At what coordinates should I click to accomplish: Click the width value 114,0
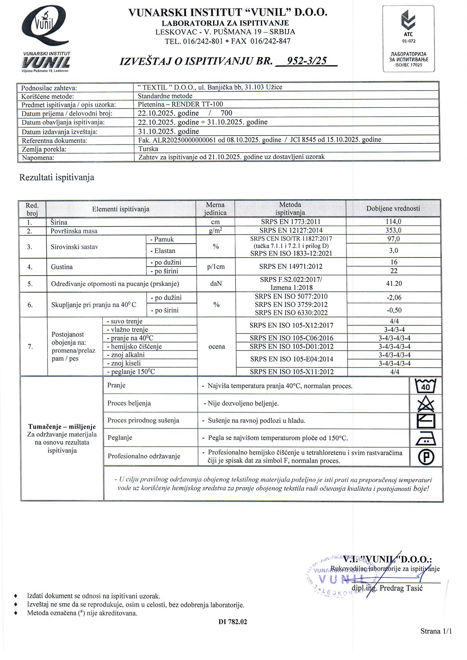[x=394, y=222]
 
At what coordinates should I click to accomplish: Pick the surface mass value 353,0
[x=394, y=230]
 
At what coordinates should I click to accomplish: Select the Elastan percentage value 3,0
[x=394, y=250]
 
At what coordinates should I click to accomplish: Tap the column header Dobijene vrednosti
[x=393, y=208]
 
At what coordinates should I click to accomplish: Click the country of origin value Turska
[x=148, y=149]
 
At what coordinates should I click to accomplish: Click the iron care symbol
[x=426, y=439]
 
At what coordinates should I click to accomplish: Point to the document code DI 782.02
[x=233, y=622]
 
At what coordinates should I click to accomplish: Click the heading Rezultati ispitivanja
[x=56, y=177]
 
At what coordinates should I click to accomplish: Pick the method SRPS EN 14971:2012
[x=290, y=267]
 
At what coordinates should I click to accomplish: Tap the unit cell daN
[x=216, y=284]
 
